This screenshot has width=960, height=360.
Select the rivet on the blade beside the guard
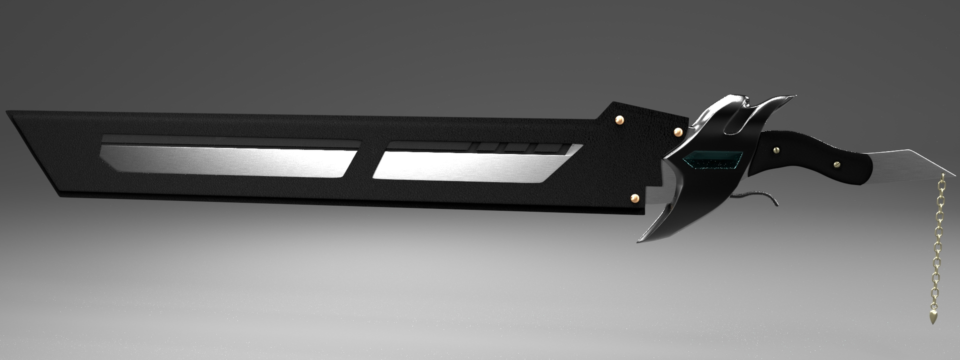click(x=678, y=131)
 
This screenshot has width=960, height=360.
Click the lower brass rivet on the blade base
click(x=635, y=198)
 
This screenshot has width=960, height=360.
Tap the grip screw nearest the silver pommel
click(x=836, y=163)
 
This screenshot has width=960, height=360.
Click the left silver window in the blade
click(x=227, y=160)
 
